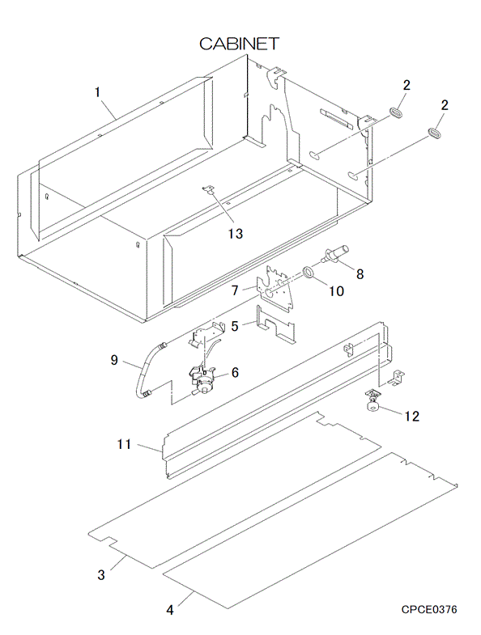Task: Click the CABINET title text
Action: pyautogui.click(x=239, y=44)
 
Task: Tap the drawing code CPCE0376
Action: pyautogui.click(x=429, y=609)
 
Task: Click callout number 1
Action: pyautogui.click(x=97, y=92)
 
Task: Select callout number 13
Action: pyautogui.click(x=236, y=233)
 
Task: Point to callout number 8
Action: pyautogui.click(x=360, y=274)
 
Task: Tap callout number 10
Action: pyautogui.click(x=336, y=290)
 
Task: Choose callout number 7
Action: pyautogui.click(x=235, y=290)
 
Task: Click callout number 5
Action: pyautogui.click(x=235, y=326)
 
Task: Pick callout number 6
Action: pyautogui.click(x=235, y=372)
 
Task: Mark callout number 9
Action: pyautogui.click(x=114, y=360)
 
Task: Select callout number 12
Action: pyautogui.click(x=412, y=416)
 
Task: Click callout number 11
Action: pyautogui.click(x=124, y=444)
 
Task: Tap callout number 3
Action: pyautogui.click(x=101, y=574)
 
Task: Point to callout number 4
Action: pyautogui.click(x=170, y=609)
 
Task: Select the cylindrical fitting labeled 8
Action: pyautogui.click(x=335, y=254)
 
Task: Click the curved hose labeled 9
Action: pyautogui.click(x=141, y=370)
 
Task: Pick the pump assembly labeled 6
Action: pyautogui.click(x=203, y=379)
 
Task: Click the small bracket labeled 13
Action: pyautogui.click(x=208, y=188)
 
